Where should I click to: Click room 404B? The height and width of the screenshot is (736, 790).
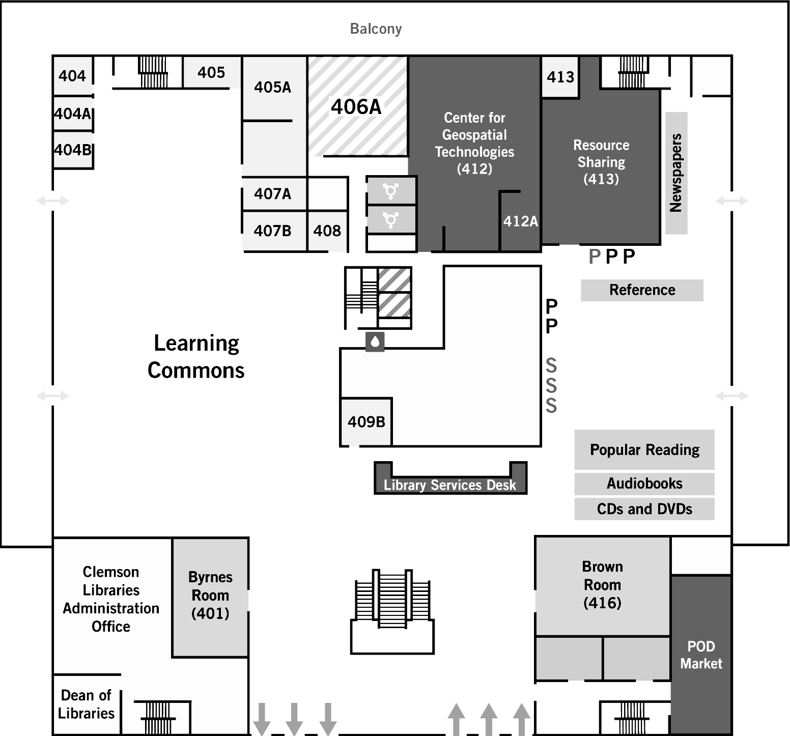(73, 150)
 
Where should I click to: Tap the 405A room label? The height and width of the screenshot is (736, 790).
(273, 88)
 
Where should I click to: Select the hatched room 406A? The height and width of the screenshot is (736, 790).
(356, 107)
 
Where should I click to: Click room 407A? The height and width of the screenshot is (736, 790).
(273, 194)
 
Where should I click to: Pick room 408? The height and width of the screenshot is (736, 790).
(327, 231)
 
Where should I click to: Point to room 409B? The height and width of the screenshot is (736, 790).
(366, 422)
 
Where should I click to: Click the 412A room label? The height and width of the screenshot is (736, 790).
(520, 221)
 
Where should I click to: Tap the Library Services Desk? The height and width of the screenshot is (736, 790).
(450, 485)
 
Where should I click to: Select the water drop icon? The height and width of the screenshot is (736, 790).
(375, 342)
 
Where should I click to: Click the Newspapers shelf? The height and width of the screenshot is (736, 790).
(676, 173)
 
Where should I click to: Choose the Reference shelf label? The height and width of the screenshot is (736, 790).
(642, 290)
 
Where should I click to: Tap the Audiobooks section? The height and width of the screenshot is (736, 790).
(644, 484)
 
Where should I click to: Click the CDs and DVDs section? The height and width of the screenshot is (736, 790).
(644, 509)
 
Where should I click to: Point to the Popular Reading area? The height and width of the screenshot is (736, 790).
(644, 450)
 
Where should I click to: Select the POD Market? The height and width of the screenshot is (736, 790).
(701, 655)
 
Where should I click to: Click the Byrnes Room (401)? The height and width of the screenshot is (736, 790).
(210, 596)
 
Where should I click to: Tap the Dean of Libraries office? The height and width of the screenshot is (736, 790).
(86, 704)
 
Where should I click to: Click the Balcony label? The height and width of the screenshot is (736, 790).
(376, 29)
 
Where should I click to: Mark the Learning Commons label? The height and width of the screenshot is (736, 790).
(196, 357)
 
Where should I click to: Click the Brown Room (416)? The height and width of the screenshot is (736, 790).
(602, 585)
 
